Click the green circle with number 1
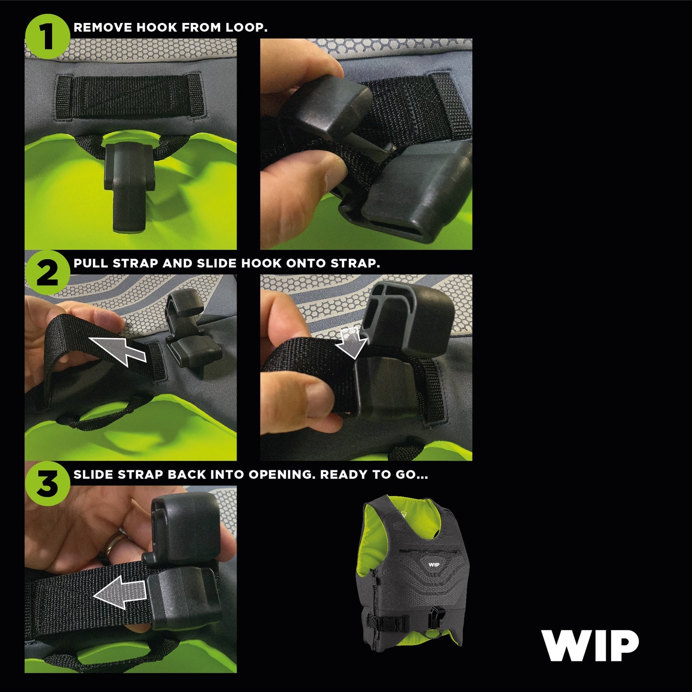(x=47, y=36)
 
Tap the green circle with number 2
(x=47, y=273)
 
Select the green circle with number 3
(x=47, y=484)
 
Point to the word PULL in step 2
(x=91, y=263)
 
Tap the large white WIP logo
(x=590, y=646)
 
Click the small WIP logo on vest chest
(x=433, y=565)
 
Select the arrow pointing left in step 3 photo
(x=120, y=592)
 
